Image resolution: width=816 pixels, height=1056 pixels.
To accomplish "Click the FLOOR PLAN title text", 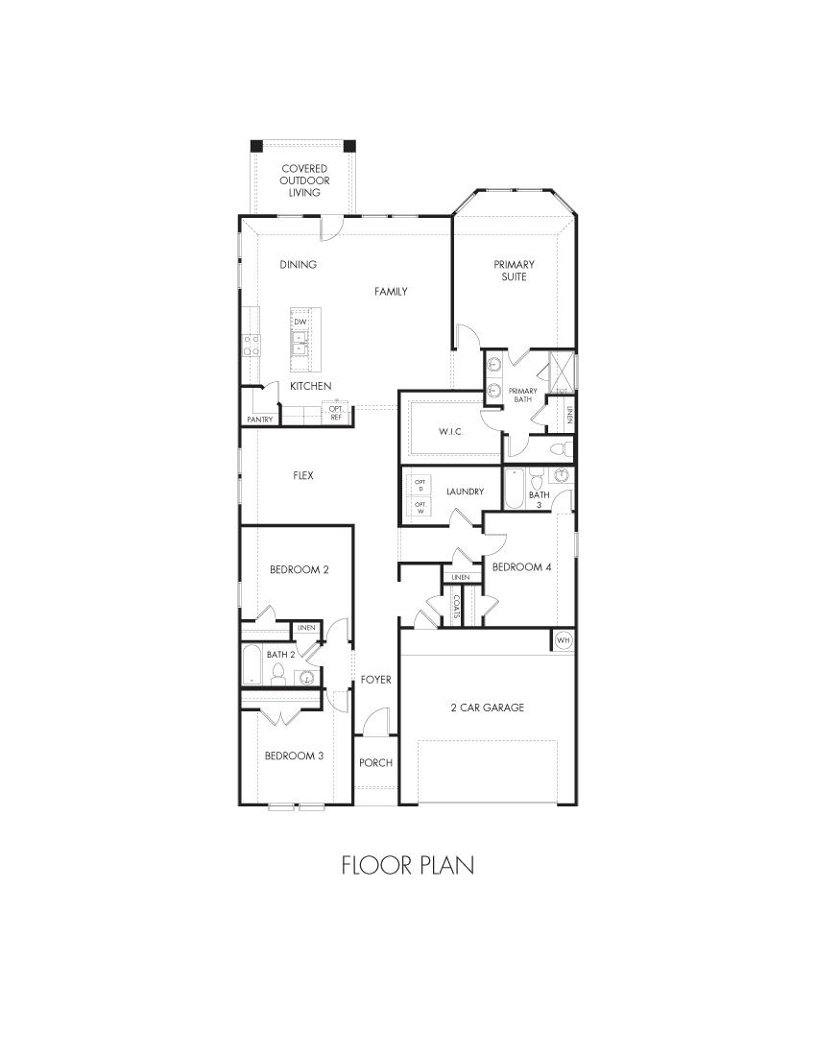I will click(407, 865).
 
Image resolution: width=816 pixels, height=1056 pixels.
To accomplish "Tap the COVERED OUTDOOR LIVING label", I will click(303, 180).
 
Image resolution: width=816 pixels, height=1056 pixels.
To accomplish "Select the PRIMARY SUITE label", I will click(514, 271).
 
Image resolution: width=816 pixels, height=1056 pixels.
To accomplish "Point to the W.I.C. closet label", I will click(451, 432).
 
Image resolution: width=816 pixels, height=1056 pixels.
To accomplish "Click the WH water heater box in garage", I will click(563, 640).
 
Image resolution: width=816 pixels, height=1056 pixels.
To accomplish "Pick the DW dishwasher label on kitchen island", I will click(300, 322).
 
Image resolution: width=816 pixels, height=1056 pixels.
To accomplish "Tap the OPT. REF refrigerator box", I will click(337, 413).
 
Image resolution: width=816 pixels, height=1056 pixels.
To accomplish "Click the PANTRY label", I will click(259, 420).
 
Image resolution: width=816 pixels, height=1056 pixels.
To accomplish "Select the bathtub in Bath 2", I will click(251, 664).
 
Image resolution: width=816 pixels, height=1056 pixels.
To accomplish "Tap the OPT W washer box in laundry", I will click(420, 506).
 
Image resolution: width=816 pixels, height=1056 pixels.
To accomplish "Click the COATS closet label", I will click(457, 606).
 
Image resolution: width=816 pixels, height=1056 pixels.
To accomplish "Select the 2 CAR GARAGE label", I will click(488, 708).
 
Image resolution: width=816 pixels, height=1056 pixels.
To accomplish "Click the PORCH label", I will click(375, 763).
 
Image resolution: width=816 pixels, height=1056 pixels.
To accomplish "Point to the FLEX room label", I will click(303, 475).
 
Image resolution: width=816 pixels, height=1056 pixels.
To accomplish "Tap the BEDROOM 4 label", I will click(521, 567).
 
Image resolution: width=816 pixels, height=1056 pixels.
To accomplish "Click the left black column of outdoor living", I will click(256, 146).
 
